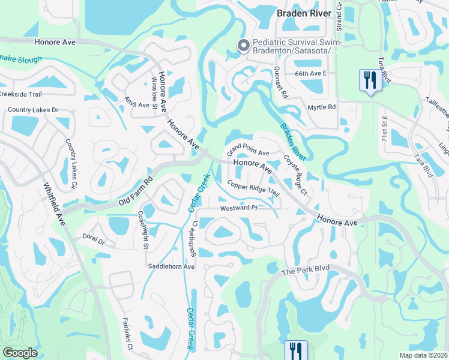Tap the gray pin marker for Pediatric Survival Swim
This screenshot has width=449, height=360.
pos(243,46)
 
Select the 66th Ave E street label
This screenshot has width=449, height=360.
pos(310,73)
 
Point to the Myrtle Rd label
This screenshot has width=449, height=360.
pos(322,107)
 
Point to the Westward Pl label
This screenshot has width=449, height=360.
pos(238,208)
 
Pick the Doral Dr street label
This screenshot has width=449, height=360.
pos(94,239)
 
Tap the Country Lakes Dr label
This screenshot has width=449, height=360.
pos(33,110)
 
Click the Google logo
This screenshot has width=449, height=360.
pos(20,353)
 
